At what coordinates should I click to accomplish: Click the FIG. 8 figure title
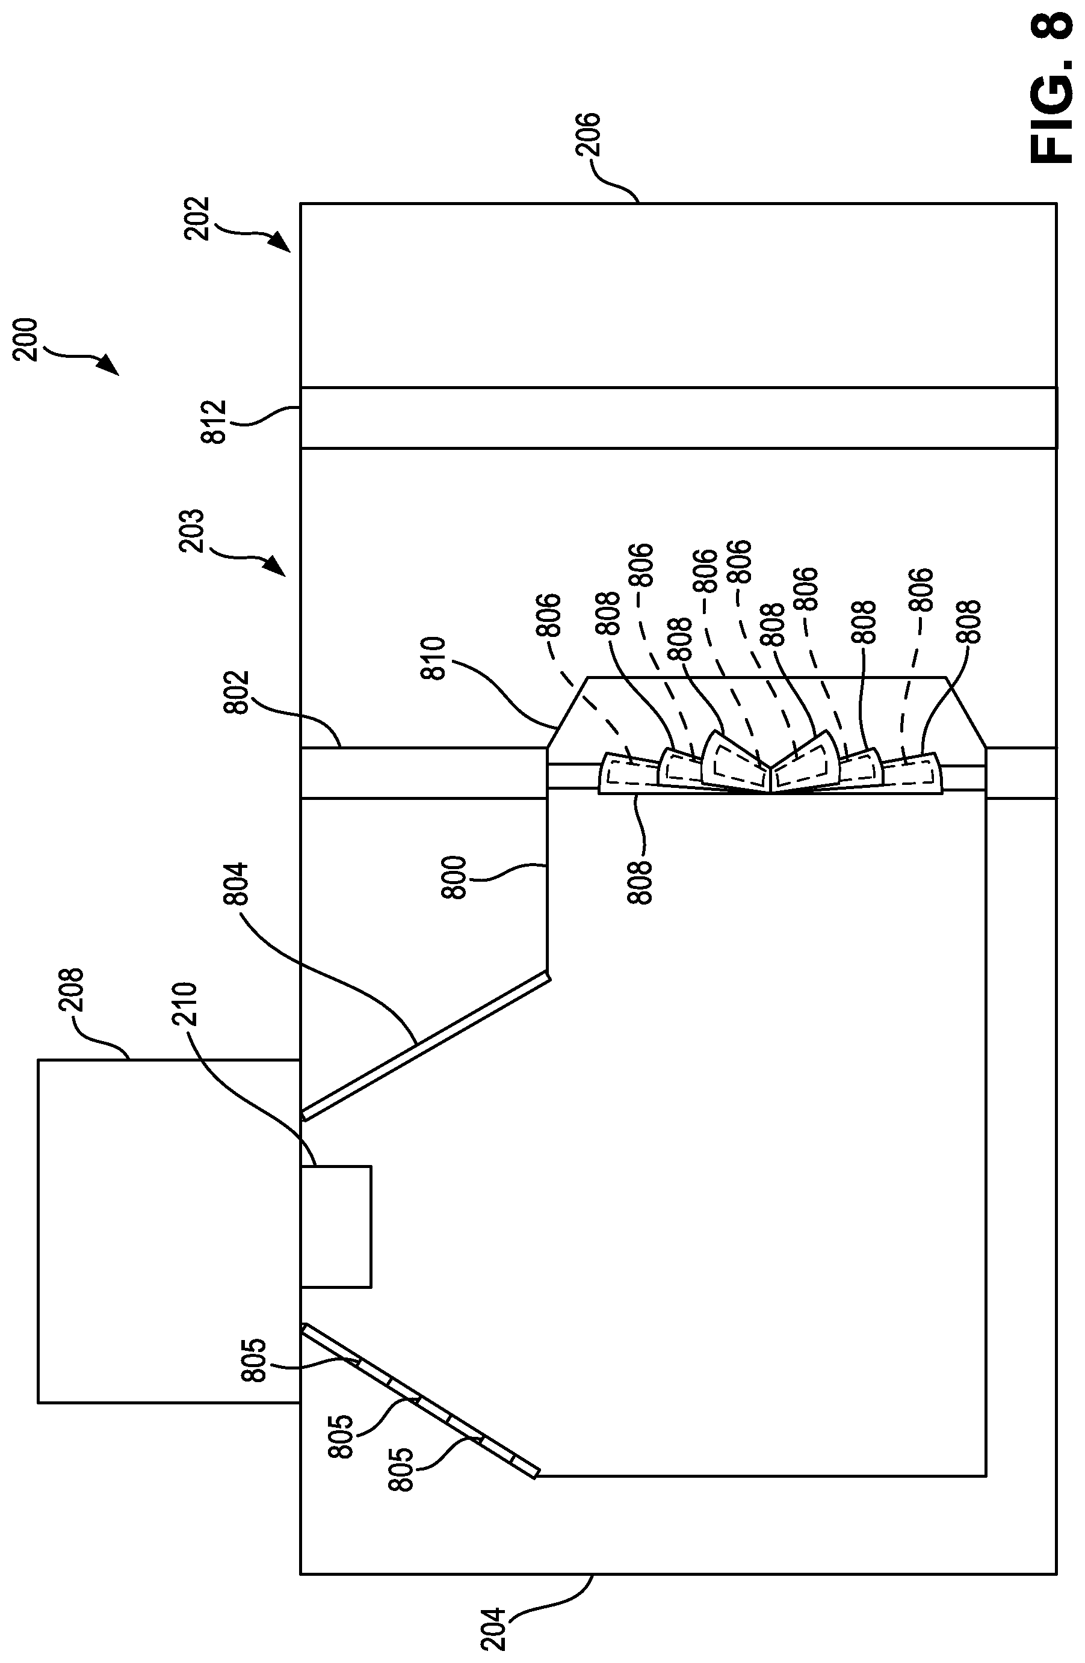point(1051,88)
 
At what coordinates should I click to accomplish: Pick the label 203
point(191,531)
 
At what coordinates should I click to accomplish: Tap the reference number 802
point(237,692)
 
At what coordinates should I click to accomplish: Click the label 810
point(434,658)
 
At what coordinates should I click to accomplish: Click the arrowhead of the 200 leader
point(108,366)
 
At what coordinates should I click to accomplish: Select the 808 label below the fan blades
point(640,882)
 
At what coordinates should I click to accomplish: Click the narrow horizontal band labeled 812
point(678,418)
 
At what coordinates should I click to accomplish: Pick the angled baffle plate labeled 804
point(425,1045)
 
